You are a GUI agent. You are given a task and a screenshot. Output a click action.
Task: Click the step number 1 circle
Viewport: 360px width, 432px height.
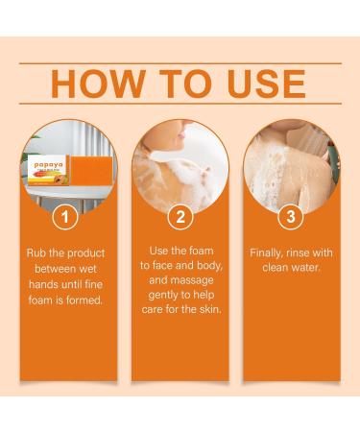click(x=65, y=218)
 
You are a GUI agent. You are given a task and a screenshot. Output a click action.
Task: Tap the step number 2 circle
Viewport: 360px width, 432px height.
click(x=179, y=218)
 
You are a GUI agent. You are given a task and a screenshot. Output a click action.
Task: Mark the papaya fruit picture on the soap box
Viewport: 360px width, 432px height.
click(x=48, y=179)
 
